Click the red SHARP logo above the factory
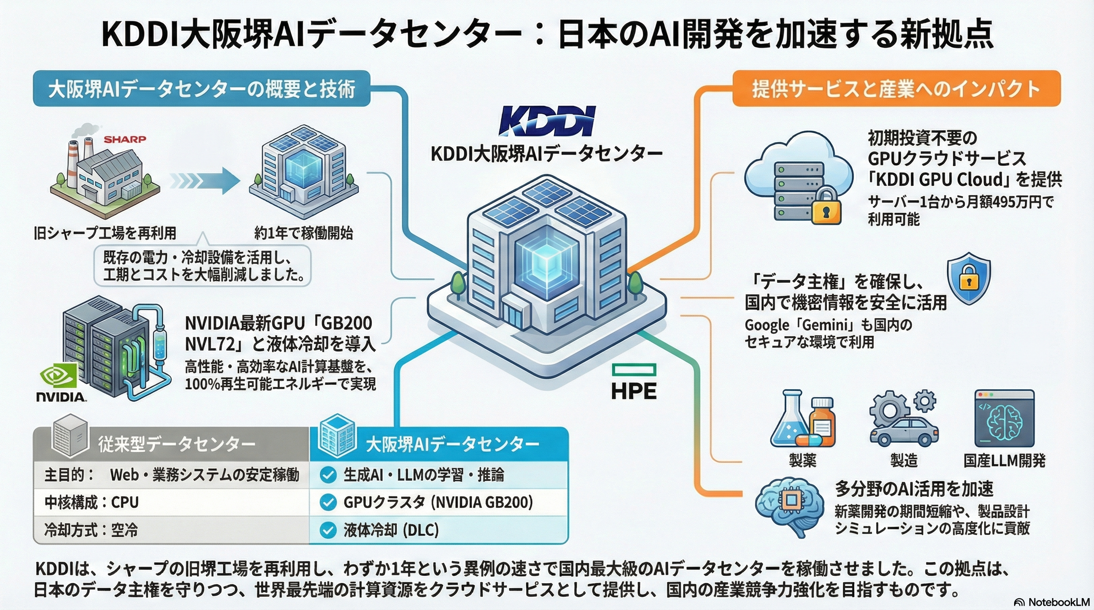click(124, 139)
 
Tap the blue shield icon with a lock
click(969, 279)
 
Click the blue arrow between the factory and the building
click(205, 181)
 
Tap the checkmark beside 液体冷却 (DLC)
click(328, 530)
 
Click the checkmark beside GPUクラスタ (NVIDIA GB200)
click(328, 502)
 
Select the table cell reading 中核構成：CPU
click(91, 502)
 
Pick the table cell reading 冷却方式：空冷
click(91, 530)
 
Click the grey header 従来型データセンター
click(176, 444)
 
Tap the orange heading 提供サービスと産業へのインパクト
click(896, 89)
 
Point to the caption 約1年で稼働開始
click(303, 233)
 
